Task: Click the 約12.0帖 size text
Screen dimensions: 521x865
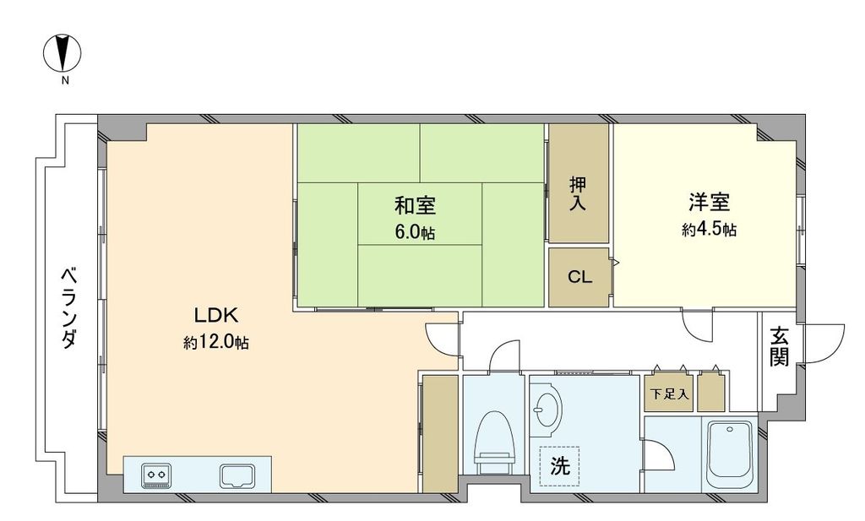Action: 216,343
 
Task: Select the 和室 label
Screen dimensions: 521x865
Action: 414,205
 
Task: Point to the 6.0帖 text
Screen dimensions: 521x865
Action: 414,231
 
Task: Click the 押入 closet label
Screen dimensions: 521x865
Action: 578,194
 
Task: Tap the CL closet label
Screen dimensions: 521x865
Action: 579,277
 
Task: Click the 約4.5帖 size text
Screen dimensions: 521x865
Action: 708,230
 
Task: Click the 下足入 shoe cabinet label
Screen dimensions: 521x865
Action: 669,394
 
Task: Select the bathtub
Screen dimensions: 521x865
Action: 729,456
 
